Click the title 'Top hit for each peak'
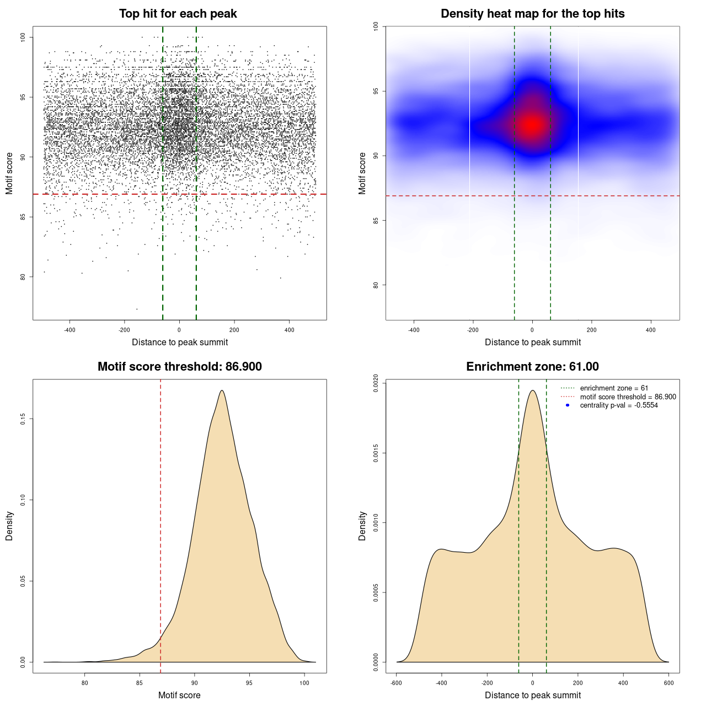point(178,14)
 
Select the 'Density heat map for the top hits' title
point(532,14)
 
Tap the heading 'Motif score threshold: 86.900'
point(179,367)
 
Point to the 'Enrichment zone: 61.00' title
point(532,367)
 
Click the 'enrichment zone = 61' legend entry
point(614,388)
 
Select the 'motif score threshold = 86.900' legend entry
point(628,397)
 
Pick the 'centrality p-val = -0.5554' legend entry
point(619,405)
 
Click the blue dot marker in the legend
point(568,405)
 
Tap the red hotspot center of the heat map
point(532,124)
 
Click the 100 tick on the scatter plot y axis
point(23,37)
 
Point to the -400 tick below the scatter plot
point(69,330)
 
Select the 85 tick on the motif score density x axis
point(140,683)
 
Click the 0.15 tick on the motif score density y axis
point(23,419)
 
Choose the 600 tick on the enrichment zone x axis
point(668,683)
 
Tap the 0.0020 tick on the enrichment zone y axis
point(376,383)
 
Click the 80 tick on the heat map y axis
point(376,285)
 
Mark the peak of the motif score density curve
point(222,391)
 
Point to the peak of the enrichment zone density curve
point(532,391)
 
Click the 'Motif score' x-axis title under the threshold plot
point(179,695)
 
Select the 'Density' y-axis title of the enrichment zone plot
point(362,526)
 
